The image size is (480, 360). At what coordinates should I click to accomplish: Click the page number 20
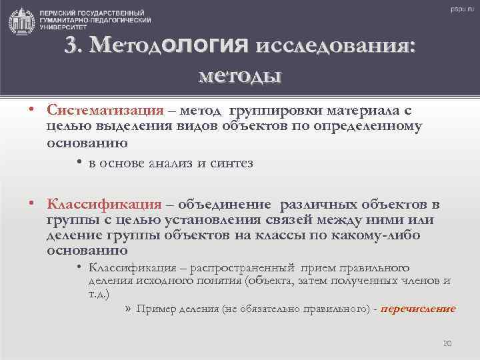(x=447, y=343)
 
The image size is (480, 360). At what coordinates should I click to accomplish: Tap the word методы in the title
(x=240, y=75)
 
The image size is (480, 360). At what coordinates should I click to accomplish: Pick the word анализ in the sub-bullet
(x=172, y=164)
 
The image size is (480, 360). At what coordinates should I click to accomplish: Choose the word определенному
(x=368, y=126)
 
